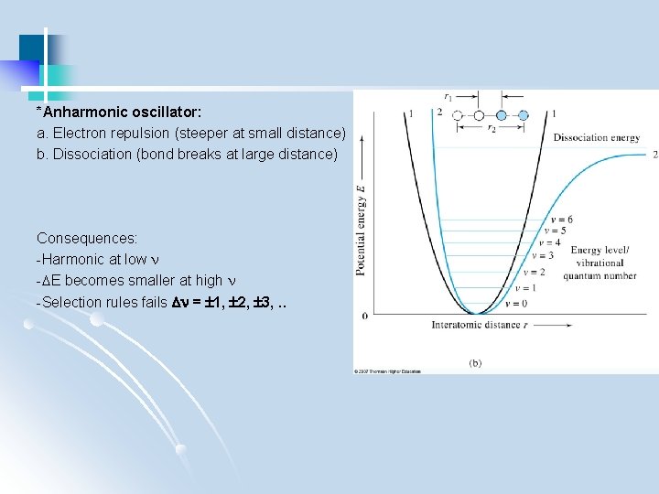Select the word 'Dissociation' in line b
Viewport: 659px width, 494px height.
pyautogui.click(x=92, y=154)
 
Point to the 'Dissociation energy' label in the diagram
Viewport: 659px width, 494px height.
pyautogui.click(x=597, y=138)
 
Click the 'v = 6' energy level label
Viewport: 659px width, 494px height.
pyautogui.click(x=562, y=220)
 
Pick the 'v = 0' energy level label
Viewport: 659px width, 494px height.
pyautogui.click(x=516, y=303)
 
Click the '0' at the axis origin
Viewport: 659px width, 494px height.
pyautogui.click(x=365, y=316)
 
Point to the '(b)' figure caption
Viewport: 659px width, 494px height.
pyautogui.click(x=476, y=363)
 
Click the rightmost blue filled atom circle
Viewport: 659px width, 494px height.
pyautogui.click(x=524, y=116)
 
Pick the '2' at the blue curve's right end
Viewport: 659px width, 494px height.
pyautogui.click(x=654, y=155)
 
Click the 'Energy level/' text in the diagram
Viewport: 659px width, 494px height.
pyautogui.click(x=599, y=251)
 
